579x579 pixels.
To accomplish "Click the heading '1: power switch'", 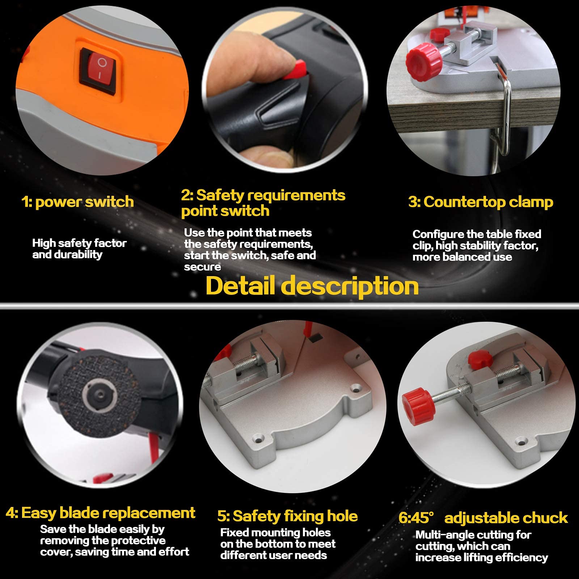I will (77, 202).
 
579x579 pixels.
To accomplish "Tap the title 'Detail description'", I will (312, 286).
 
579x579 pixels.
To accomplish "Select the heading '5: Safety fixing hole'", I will (287, 516).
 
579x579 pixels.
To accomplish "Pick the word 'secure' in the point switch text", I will (202, 267).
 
